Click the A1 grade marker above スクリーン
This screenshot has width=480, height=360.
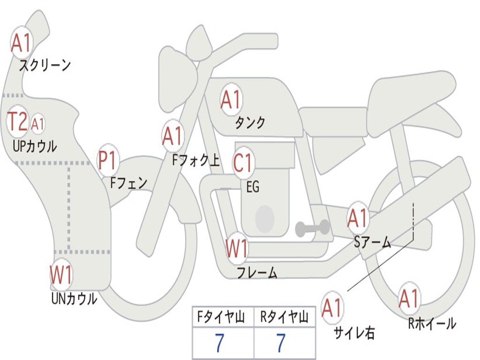(x=21, y=43)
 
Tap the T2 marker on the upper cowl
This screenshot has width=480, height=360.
(x=17, y=122)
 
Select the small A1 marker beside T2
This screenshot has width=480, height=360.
(x=37, y=124)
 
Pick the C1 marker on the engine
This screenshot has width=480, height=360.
(x=243, y=163)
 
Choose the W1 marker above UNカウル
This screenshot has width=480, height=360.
(x=61, y=275)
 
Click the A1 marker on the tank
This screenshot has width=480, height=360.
(x=231, y=99)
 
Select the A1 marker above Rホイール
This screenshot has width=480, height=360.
(x=409, y=299)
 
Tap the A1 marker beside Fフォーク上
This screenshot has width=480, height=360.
(x=172, y=136)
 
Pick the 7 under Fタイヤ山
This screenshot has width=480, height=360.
(x=219, y=344)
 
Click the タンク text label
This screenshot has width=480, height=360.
(x=250, y=123)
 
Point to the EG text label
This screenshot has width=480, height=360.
(x=253, y=187)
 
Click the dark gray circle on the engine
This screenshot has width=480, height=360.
(x=265, y=218)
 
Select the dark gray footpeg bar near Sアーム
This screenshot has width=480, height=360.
(x=312, y=228)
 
